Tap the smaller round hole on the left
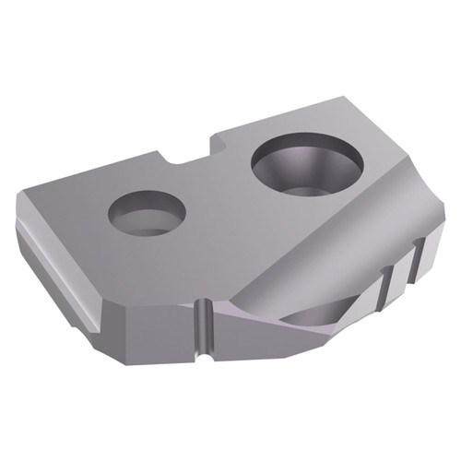[x=147, y=212]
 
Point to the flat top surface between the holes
[x=217, y=203]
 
